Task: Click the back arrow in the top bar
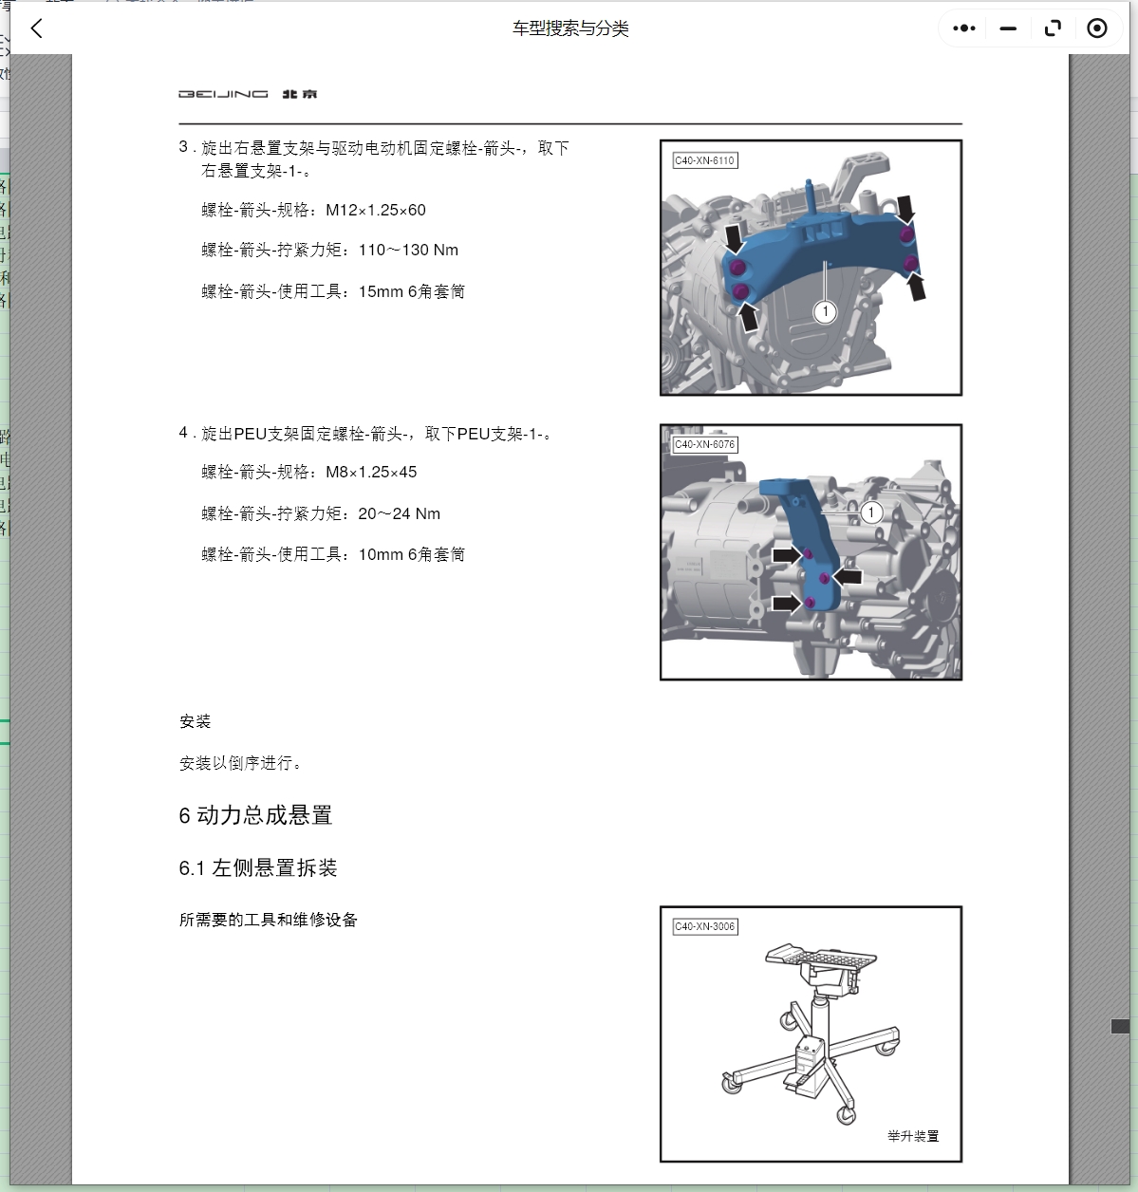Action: (37, 28)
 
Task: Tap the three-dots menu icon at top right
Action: (964, 28)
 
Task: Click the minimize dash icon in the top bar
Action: (1008, 28)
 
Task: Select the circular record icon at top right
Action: (1097, 28)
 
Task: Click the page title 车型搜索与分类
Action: (570, 28)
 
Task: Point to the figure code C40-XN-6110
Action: (704, 160)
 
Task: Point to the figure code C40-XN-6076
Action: (704, 444)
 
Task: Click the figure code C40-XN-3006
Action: (704, 926)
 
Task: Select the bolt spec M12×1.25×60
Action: (376, 210)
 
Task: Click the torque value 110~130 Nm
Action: (408, 251)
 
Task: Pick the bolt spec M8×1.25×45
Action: (371, 473)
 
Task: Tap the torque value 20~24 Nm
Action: (399, 514)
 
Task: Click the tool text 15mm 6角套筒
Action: (412, 292)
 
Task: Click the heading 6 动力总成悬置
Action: (255, 815)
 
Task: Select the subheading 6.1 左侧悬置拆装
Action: (258, 868)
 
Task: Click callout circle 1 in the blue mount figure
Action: (825, 311)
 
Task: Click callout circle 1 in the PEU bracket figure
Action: (871, 512)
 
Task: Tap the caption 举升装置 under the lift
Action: (912, 1136)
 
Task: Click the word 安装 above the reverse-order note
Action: (196, 722)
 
